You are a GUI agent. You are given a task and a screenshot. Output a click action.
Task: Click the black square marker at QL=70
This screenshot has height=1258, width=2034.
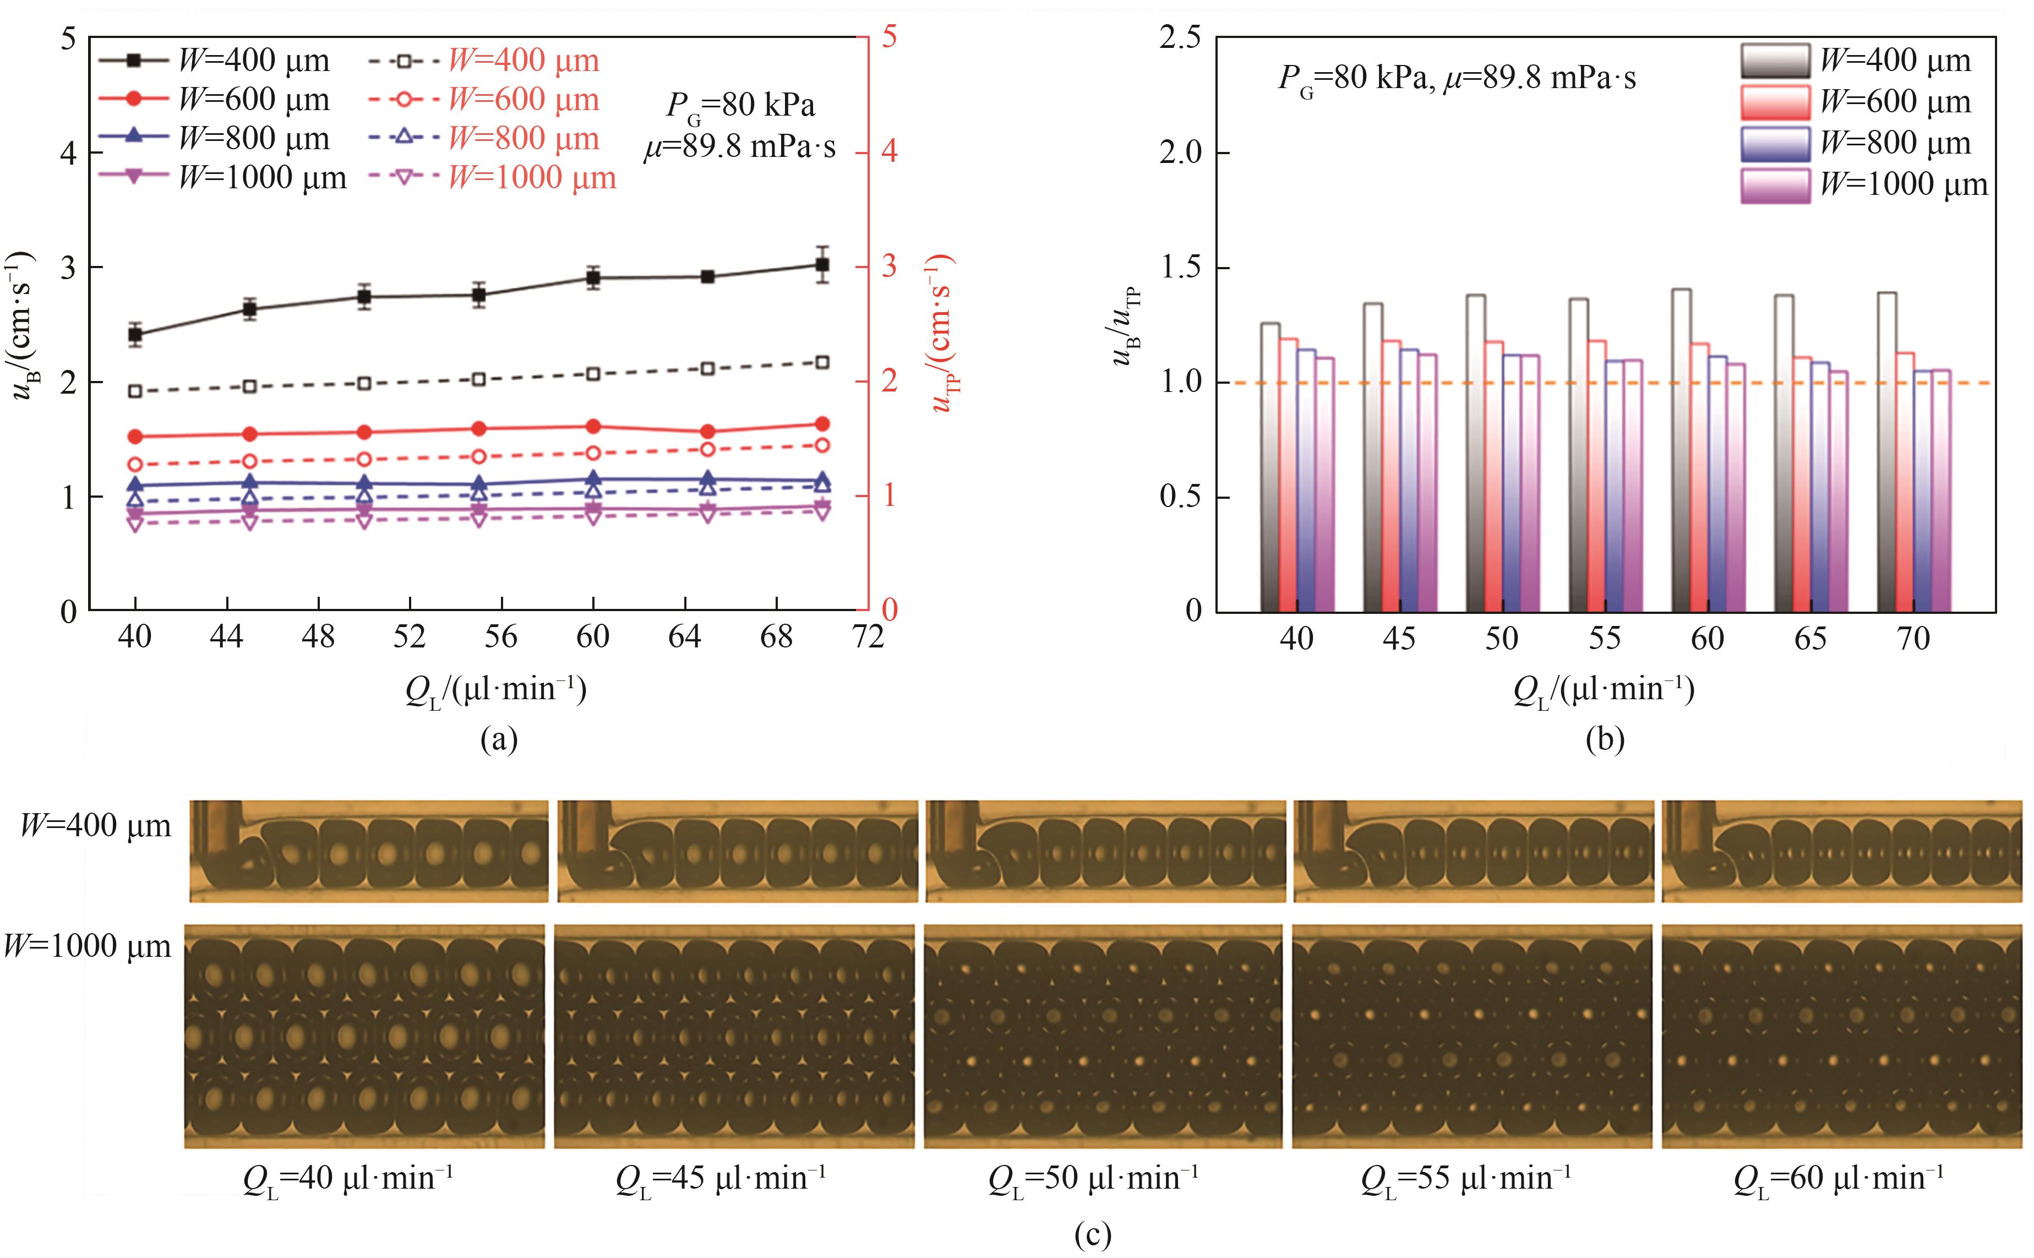(x=822, y=265)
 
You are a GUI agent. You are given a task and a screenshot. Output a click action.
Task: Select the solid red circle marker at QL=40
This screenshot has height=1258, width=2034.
(x=135, y=437)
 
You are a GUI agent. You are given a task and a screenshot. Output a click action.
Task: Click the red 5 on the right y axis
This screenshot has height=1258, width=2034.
(x=890, y=37)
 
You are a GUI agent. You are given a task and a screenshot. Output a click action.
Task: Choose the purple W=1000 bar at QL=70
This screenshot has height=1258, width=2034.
(x=1941, y=491)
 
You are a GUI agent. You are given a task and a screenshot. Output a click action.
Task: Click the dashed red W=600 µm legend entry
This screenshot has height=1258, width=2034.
(x=483, y=100)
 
